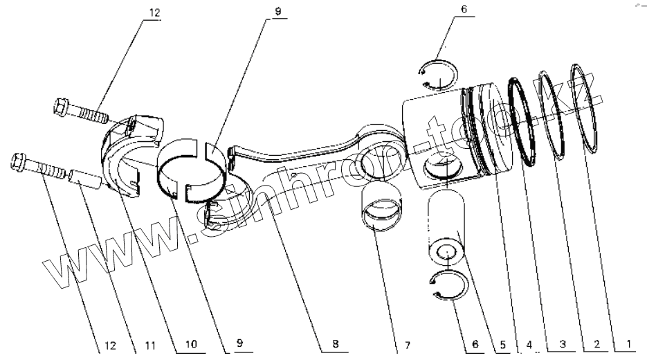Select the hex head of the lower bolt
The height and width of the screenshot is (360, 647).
pyautogui.click(x=19, y=162)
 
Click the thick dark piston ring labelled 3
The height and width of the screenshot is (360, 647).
pyautogui.click(x=525, y=121)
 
